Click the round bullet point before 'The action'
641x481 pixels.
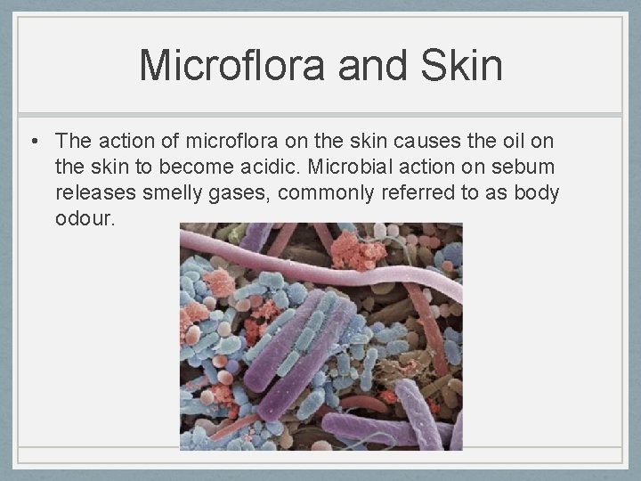coord(32,142)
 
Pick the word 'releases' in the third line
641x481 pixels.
coord(92,192)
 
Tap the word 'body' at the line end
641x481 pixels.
coord(537,192)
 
